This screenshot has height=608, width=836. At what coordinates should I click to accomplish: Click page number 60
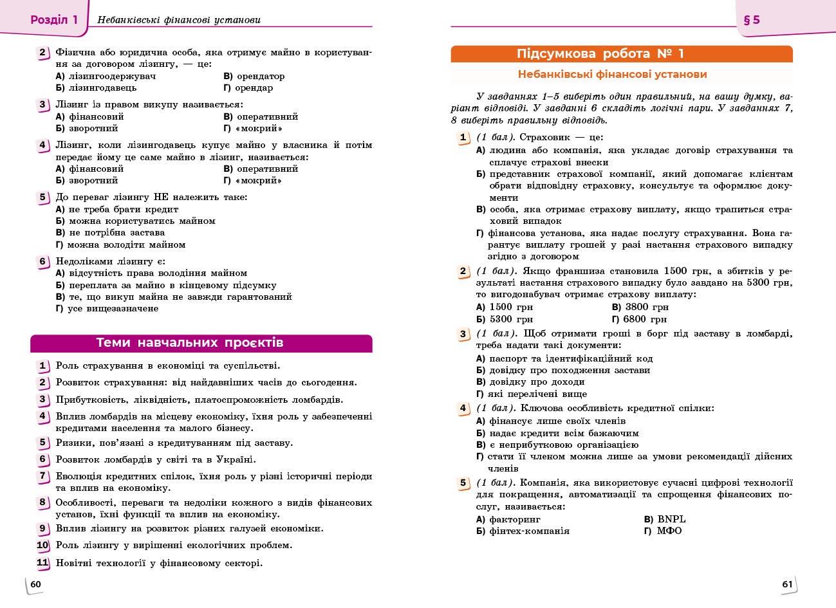point(36,584)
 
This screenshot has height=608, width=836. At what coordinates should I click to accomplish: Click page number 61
point(787,584)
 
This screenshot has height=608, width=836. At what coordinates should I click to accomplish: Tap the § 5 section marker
point(752,20)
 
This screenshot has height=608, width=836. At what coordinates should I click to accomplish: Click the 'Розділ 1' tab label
point(54,20)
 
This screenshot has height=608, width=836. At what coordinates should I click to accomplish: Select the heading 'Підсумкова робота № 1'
point(600,54)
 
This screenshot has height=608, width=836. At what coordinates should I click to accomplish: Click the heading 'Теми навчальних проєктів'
point(190,343)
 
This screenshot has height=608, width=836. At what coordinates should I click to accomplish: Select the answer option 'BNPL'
point(671,519)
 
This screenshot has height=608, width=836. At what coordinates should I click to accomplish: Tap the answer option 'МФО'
point(669,531)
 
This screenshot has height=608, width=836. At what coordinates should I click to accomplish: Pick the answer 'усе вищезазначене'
point(113,308)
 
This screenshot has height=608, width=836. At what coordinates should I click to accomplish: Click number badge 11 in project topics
point(42,563)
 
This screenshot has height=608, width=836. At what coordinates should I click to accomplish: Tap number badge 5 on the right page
point(463,483)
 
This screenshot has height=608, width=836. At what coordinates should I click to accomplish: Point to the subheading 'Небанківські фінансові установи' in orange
point(612,75)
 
